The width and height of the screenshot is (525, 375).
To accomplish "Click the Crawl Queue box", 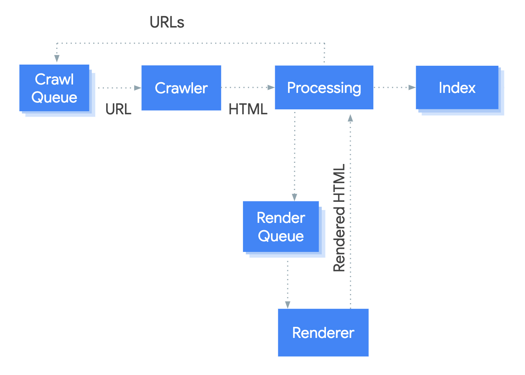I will coord(54,88).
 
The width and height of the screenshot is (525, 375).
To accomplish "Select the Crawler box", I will coord(181,88).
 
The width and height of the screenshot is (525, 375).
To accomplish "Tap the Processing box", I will coord(324,88).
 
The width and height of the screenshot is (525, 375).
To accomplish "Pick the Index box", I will coord(457,88).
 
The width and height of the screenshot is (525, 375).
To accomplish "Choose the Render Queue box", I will coord(281,227).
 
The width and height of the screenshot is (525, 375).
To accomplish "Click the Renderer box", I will coord(323,333).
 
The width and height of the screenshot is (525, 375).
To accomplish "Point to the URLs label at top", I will coord(167,23).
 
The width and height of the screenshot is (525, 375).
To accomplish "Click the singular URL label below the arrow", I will coord(118,109).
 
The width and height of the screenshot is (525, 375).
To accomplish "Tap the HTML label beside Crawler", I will coord(248,109).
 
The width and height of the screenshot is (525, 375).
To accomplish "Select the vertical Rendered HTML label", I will coord(339,218).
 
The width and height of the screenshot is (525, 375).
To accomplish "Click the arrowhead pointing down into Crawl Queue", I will coord(57,58).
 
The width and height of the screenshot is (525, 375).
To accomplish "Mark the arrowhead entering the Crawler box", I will coord(138,88).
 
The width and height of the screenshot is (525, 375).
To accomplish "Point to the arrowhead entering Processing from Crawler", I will coord(271,88).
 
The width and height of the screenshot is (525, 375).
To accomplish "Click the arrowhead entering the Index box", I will coord(412,88).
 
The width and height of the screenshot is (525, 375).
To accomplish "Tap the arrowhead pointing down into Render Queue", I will coord(295,197).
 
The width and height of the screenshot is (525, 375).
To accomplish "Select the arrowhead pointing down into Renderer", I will coord(288,305).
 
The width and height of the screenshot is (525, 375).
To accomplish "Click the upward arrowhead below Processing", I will coord(350,118).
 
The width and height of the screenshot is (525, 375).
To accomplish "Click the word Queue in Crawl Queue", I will coord(54,97).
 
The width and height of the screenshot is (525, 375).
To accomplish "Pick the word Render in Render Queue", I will coord(281,218).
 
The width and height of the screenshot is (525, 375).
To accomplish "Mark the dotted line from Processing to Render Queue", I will coord(295,153).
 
